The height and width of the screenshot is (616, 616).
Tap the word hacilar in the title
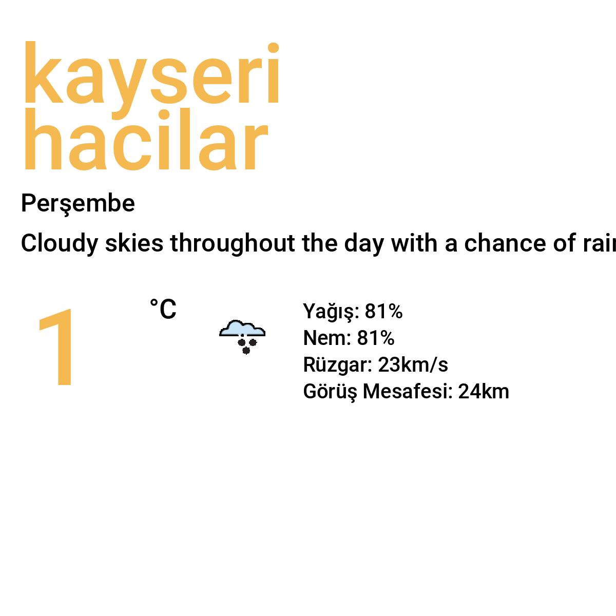point(145,141)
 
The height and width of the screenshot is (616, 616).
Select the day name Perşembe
point(78,204)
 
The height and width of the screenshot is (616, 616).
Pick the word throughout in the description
point(232,243)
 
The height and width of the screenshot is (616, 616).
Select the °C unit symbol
point(163,310)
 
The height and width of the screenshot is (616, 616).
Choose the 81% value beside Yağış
point(383,312)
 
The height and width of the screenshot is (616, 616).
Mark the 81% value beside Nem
point(376,338)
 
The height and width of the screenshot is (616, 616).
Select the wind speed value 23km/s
point(413,365)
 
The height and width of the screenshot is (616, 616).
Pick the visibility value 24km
point(484,392)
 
